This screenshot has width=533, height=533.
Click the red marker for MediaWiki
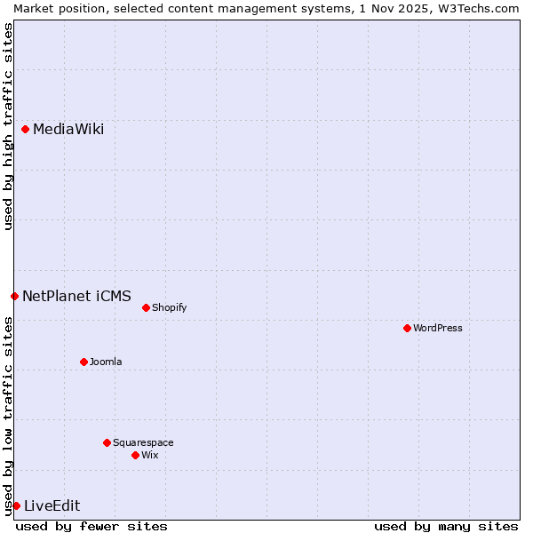coord(25,130)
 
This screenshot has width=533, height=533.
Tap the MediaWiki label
coord(68,130)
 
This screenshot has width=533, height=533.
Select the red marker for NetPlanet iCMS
coord(14,296)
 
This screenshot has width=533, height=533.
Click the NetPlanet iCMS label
coord(76,296)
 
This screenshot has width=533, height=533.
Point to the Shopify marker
coord(146,308)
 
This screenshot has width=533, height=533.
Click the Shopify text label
coord(169,308)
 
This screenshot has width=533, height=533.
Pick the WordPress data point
coord(407,328)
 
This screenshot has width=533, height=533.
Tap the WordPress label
coord(438,328)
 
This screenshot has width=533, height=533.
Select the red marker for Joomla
coord(84,362)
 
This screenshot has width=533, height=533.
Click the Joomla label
coord(106,362)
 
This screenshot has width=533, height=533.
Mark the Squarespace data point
coord(107,442)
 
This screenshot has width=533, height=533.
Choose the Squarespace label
coord(143,442)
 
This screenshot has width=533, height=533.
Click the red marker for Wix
coord(135,455)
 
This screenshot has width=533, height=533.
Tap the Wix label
coord(150,455)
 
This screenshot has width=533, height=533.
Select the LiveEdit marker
coord(16,505)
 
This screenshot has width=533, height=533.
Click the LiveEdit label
coord(52,506)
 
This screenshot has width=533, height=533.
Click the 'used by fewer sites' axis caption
coord(91,526)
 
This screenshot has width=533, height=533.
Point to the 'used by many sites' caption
coord(446,526)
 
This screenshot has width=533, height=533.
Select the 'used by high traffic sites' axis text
coord(8,126)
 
